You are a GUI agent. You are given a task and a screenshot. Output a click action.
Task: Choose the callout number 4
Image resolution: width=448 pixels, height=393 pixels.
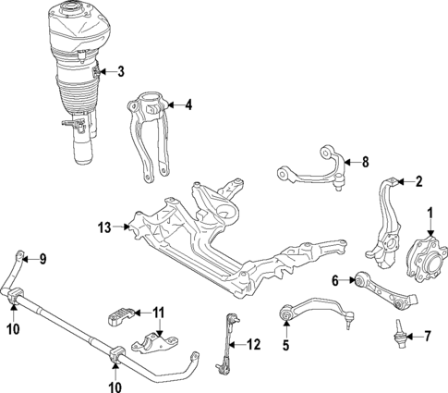[188, 105]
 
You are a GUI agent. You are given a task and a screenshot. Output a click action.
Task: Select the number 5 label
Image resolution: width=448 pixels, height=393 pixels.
[285, 346]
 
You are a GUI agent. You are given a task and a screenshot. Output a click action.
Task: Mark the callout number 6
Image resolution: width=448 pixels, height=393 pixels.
[336, 280]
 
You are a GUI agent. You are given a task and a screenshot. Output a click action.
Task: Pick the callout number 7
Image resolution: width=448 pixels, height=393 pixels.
[427, 335]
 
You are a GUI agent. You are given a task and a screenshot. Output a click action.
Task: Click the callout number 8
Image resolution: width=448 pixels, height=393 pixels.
[364, 163]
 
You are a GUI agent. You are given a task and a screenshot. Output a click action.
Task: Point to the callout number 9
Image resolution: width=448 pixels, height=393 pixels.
[42, 258]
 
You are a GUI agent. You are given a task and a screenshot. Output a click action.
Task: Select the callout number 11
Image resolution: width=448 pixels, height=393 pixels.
[158, 312]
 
